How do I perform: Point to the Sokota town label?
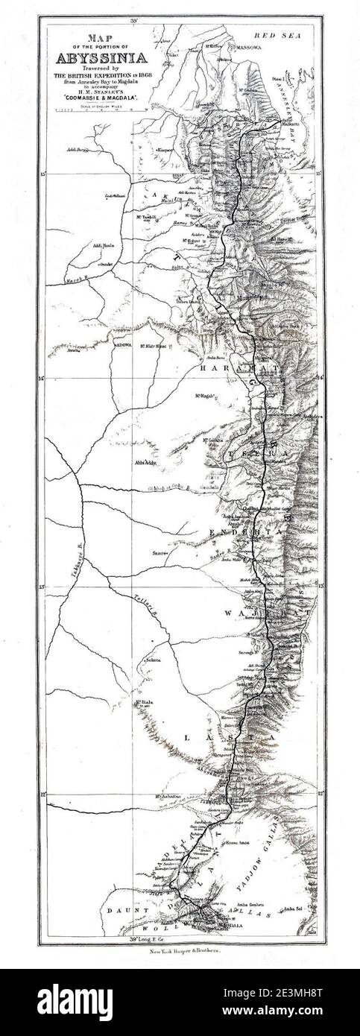(153, 660)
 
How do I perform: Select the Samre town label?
(159, 552)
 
